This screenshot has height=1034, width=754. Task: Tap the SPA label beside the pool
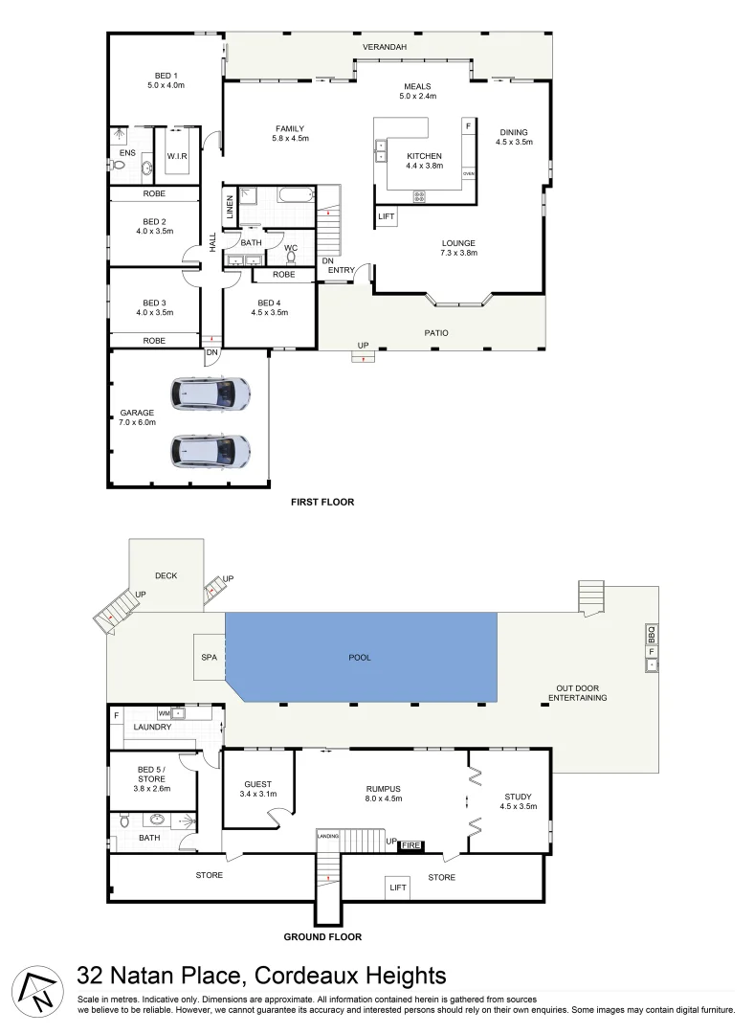tap(209, 658)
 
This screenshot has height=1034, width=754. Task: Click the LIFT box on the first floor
tap(387, 217)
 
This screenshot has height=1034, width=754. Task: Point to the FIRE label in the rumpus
tap(410, 845)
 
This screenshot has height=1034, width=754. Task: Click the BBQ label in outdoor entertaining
tap(651, 635)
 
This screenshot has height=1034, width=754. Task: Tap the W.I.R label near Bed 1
tap(177, 156)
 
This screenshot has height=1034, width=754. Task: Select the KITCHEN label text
tap(424, 156)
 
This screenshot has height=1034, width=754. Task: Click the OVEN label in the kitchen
tap(468, 174)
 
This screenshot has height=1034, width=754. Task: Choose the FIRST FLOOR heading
tap(322, 502)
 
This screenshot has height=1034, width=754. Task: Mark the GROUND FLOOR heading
tap(322, 937)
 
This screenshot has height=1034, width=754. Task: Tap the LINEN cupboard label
tap(230, 207)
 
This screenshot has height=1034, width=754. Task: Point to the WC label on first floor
tap(290, 248)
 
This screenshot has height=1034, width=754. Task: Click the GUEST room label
tap(258, 783)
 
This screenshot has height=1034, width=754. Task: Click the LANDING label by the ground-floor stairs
tap(328, 834)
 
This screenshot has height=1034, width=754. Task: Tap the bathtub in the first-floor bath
tap(295, 194)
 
